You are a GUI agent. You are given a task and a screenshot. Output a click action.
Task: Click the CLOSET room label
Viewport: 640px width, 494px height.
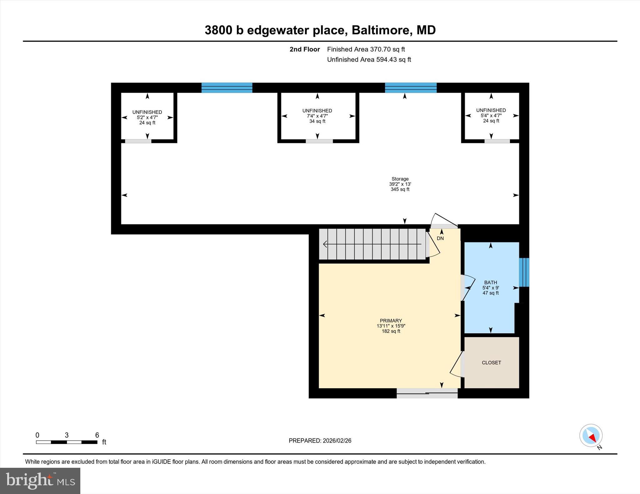tap(491, 363)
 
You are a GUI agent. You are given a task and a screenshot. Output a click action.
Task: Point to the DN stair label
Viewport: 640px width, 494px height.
tap(440, 238)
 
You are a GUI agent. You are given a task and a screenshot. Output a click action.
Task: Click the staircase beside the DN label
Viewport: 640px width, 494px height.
tap(372, 244)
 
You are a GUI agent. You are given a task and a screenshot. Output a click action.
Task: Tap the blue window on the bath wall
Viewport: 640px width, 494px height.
tap(524, 272)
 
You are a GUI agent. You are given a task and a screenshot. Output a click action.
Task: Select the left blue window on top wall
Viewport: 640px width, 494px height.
tap(227, 88)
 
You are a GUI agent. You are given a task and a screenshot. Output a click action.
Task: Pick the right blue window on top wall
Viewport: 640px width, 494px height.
tap(411, 88)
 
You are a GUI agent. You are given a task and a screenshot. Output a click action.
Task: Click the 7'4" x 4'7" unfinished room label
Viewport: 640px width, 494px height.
tap(317, 116)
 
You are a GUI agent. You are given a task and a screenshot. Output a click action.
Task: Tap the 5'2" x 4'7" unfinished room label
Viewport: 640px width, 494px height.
tap(147, 117)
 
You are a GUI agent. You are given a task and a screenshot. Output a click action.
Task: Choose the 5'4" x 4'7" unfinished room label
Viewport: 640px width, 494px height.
tap(491, 115)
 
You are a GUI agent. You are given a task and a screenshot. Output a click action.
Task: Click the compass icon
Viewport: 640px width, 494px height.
tap(591, 436)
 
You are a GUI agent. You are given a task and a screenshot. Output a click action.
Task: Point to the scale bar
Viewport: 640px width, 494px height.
tap(67, 442)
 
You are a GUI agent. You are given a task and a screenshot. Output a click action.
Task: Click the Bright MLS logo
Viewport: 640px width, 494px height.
tap(40, 481)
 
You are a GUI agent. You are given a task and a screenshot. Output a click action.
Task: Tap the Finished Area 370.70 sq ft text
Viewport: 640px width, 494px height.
tap(366, 49)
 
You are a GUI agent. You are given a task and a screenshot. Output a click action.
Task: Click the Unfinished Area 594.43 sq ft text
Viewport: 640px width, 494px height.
tap(369, 60)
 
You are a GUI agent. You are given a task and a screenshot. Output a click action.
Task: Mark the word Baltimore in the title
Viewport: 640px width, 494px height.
tap(380, 30)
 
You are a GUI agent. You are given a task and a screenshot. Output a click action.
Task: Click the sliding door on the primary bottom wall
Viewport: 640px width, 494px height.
tap(427, 393)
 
